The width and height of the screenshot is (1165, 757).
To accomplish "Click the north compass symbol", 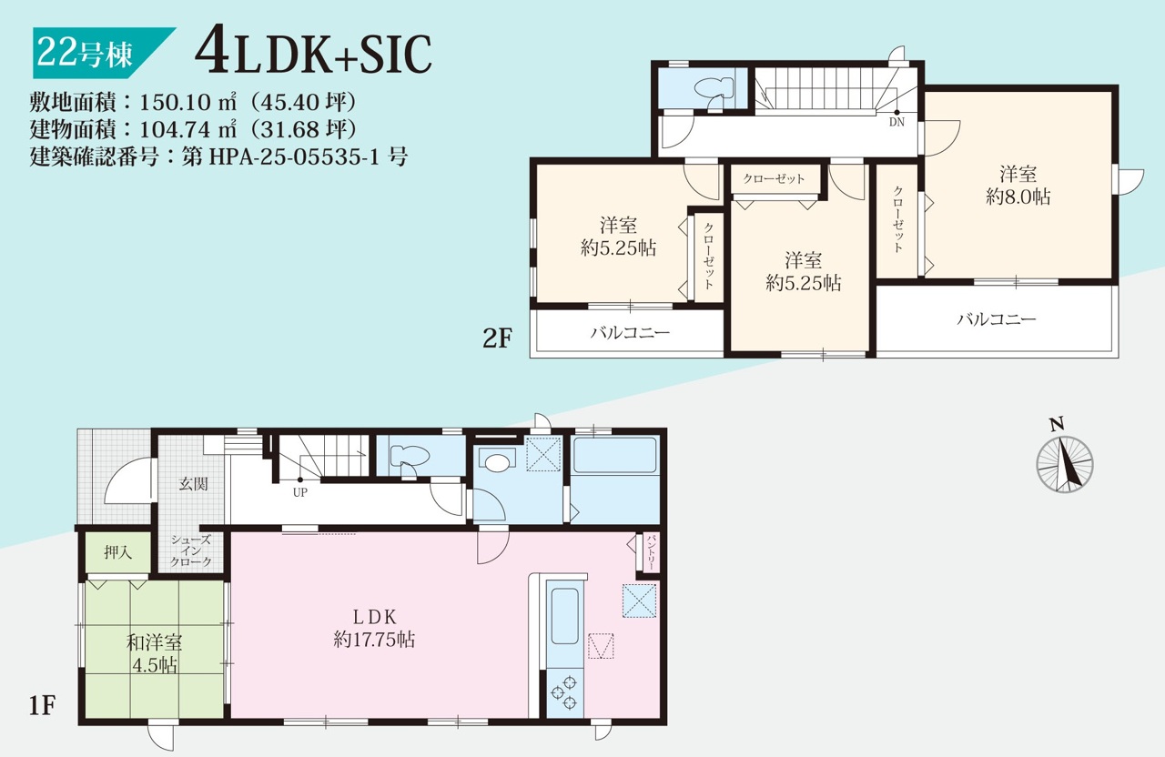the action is pyautogui.click(x=1064, y=464).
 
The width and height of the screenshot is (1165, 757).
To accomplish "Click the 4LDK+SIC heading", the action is pyautogui.click(x=313, y=54).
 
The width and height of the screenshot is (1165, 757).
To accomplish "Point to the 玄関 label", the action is pyautogui.click(x=194, y=483).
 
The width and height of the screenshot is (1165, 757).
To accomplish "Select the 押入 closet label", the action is pyautogui.click(x=118, y=552).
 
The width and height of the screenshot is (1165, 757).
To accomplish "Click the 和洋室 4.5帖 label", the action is pyautogui.click(x=154, y=653).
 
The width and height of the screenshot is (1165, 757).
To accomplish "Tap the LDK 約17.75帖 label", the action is pyautogui.click(x=374, y=628).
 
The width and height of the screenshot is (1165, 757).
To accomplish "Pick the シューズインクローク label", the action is pyautogui.click(x=191, y=551).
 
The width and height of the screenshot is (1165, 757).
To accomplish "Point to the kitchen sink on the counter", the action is pyautogui.click(x=565, y=616).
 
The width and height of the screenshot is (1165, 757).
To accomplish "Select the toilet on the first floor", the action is pyautogui.click(x=409, y=458).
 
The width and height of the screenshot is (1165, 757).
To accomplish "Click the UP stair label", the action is pyautogui.click(x=300, y=492).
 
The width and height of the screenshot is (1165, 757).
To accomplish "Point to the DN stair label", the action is pyautogui.click(x=897, y=122).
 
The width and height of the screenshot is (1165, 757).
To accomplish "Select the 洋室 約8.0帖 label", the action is pyautogui.click(x=1018, y=186).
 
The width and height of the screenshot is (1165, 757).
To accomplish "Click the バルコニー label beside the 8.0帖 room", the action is pyautogui.click(x=997, y=318).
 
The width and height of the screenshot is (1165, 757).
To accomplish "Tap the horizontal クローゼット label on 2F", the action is pyautogui.click(x=774, y=179).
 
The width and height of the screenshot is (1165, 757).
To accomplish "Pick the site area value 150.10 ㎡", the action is pyautogui.click(x=187, y=102).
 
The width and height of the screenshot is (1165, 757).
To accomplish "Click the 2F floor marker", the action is pyautogui.click(x=498, y=338).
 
